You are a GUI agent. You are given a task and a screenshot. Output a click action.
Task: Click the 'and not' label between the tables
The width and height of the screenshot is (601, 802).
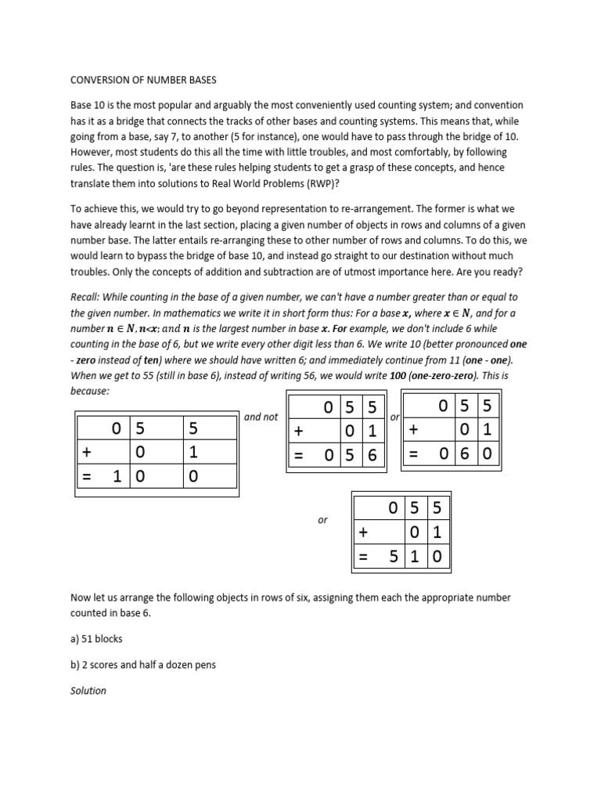coord(261,417)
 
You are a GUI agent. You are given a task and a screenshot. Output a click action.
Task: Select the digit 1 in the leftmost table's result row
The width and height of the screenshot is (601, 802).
coord(117,476)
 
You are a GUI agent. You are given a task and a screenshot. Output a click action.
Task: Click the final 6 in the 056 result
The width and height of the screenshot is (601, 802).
coord(372,455)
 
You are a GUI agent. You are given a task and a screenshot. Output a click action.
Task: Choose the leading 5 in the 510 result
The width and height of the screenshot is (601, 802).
coord(394,557)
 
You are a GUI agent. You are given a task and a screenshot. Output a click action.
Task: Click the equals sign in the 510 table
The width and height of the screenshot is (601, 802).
coord(363,557)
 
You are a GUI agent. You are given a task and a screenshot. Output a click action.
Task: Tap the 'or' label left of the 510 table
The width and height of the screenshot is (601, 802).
coord(322,520)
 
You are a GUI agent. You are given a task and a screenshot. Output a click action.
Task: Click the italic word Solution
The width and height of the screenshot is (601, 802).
coord(88,691)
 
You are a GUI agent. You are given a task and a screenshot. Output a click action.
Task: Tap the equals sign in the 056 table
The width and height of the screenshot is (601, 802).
coord(299,455)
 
